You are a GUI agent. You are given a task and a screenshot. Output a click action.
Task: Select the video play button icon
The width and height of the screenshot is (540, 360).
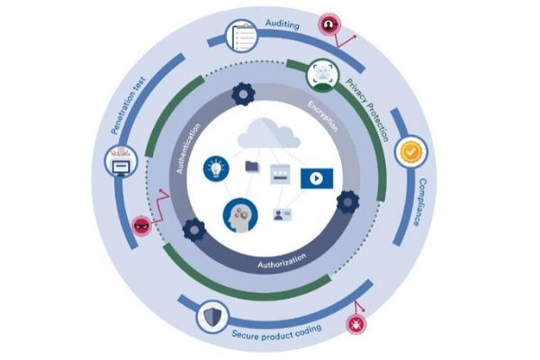point(316,177)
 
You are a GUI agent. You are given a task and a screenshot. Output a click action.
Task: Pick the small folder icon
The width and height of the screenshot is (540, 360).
point(251,166)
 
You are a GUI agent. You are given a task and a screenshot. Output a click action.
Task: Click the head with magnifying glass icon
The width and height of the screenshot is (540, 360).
point(238,216)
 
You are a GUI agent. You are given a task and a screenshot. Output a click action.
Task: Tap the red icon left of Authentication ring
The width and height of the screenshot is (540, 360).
point(142,223)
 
